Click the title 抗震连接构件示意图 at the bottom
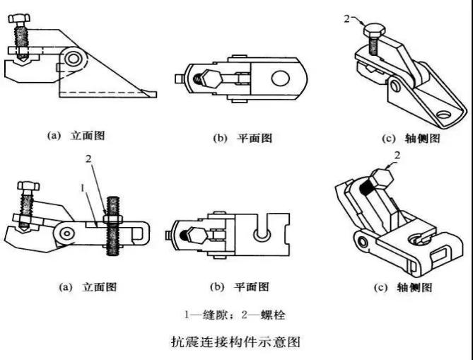pyautogui.click(x=236, y=342)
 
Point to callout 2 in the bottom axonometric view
pyautogui.click(x=397, y=154)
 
